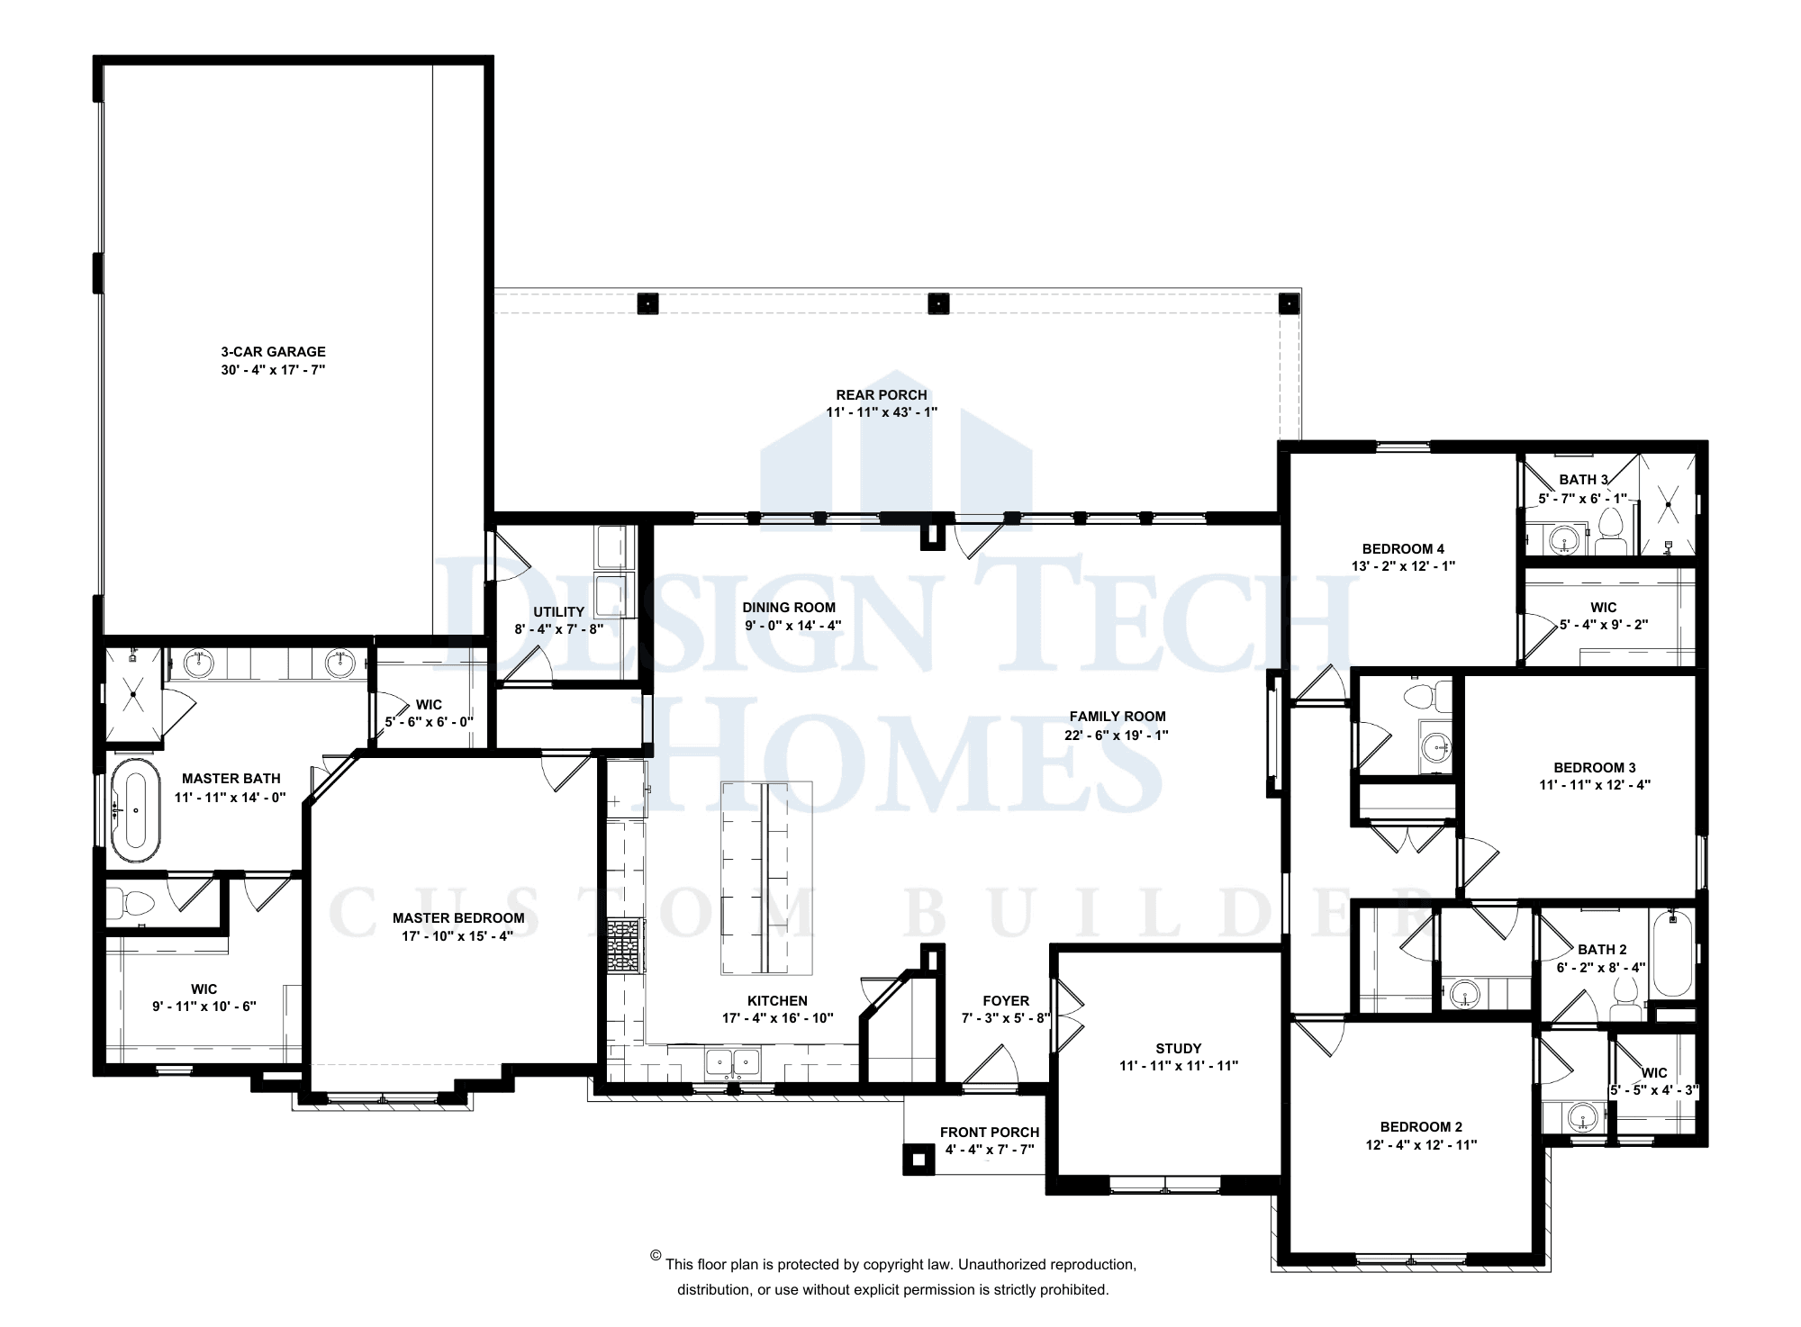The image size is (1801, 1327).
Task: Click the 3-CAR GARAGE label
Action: point(273,352)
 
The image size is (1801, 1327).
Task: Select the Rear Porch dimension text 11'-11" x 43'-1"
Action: point(882,412)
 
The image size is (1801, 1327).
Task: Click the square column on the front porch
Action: point(919,1160)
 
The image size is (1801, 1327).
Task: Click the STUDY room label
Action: point(1178,1049)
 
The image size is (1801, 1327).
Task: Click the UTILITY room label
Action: point(558,612)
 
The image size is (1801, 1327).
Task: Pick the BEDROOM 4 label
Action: point(1403,549)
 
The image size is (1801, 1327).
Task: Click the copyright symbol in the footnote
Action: point(656,1256)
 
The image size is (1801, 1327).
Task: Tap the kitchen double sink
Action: point(733,1063)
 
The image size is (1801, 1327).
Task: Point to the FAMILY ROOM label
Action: point(1117,717)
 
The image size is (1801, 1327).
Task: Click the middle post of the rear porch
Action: point(938,304)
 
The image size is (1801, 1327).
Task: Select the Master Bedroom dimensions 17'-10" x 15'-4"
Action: point(457,936)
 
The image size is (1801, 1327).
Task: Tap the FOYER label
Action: point(1006,1001)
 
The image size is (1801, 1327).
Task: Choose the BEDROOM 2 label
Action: point(1421,1127)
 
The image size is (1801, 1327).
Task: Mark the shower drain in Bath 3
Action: point(1668,505)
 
